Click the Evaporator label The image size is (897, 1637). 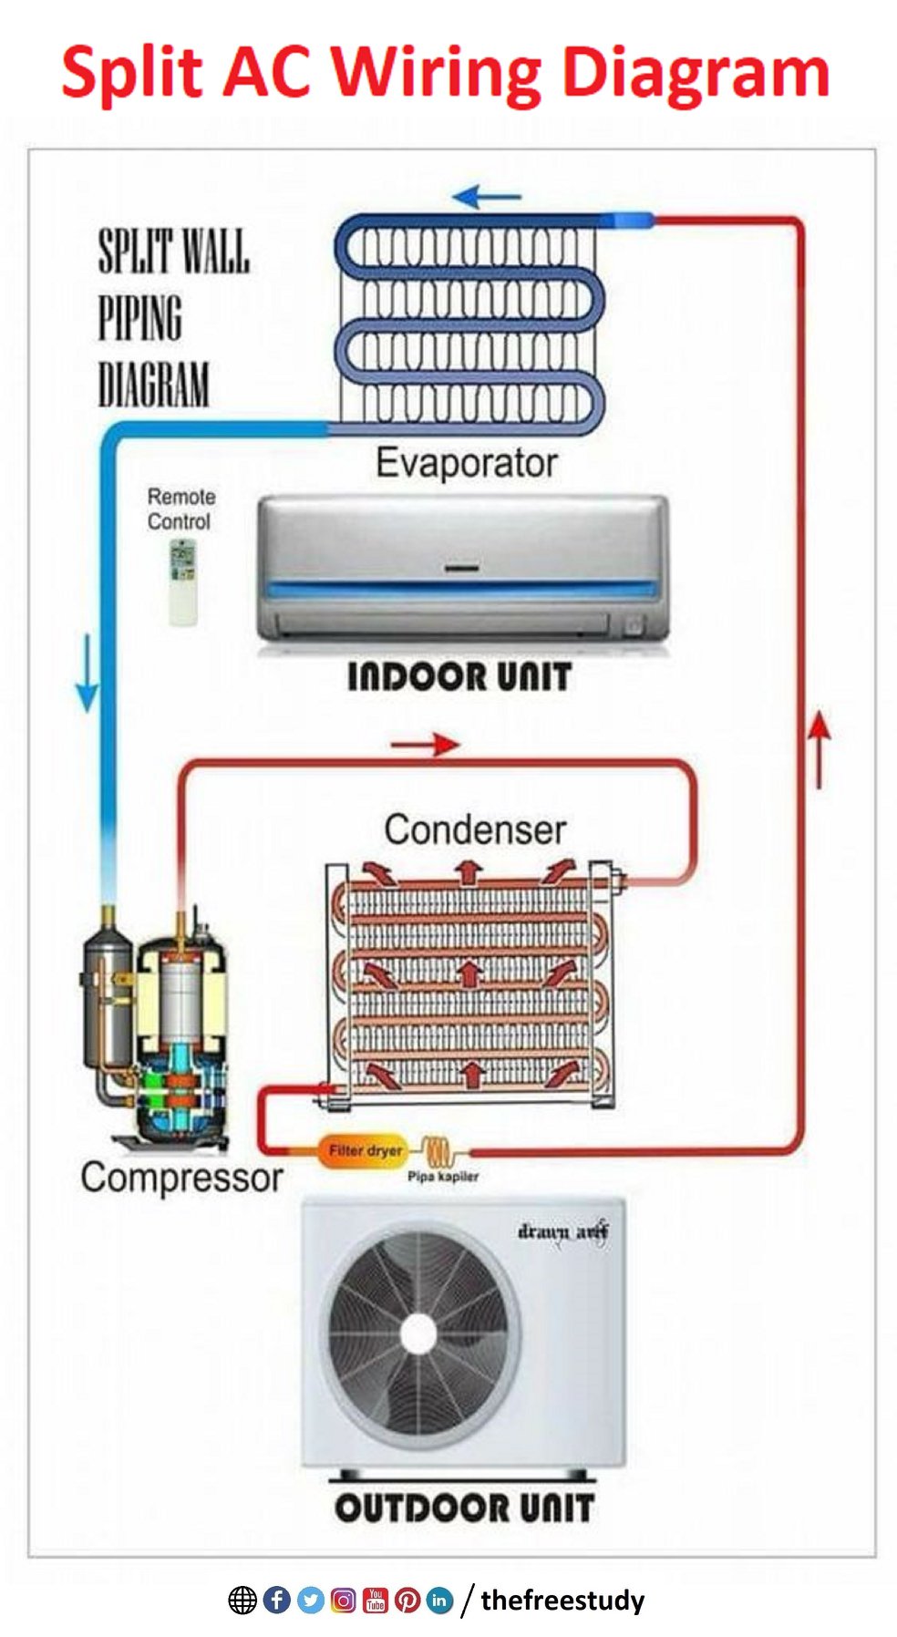(x=466, y=462)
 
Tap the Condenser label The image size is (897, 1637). (x=474, y=829)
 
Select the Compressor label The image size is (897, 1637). (x=181, y=1178)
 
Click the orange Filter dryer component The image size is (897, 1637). (x=363, y=1151)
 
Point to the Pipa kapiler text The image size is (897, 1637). (x=442, y=1176)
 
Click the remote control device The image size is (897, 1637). (x=183, y=582)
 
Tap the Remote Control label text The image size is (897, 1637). (x=180, y=509)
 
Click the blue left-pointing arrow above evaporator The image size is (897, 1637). (x=487, y=196)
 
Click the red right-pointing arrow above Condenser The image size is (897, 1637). (x=425, y=744)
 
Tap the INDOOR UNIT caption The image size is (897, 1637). (x=459, y=676)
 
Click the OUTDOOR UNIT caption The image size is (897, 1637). (x=464, y=1508)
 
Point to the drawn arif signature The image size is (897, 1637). (x=563, y=1231)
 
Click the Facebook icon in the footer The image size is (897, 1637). (x=276, y=1600)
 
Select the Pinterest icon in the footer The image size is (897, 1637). (x=407, y=1600)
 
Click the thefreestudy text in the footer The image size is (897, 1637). (x=562, y=1600)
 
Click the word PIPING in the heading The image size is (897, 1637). (x=140, y=318)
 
